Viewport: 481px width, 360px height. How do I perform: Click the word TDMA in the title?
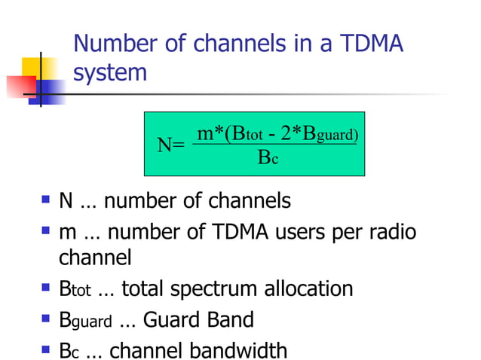(x=369, y=44)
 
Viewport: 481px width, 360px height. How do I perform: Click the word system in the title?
(x=110, y=74)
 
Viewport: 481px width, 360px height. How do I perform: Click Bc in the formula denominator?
(x=268, y=158)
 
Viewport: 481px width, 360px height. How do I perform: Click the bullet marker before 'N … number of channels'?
(x=47, y=202)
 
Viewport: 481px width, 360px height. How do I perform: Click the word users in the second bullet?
(x=326, y=232)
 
